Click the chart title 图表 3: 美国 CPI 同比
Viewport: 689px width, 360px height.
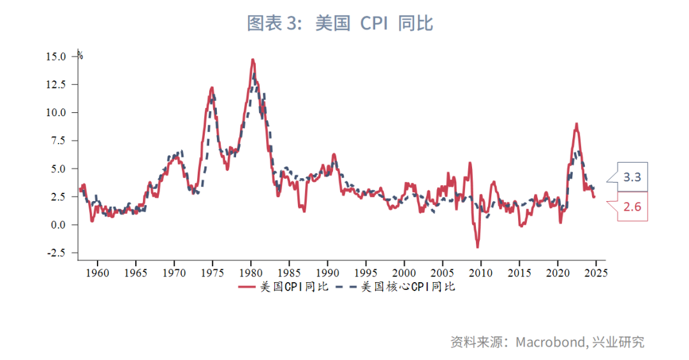pos(340,24)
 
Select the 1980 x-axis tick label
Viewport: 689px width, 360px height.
pos(251,273)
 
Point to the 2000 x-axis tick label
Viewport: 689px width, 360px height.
pos(404,273)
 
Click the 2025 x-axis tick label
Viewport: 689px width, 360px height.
pos(595,273)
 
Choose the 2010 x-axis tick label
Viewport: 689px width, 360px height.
pos(480,273)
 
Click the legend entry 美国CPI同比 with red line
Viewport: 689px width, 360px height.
pos(283,287)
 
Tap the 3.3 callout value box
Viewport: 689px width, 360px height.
pos(632,177)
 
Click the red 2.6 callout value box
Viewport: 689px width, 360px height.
pos(632,206)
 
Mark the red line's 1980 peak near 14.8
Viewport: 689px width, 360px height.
pos(253,59)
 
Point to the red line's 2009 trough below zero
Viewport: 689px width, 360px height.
pos(477,247)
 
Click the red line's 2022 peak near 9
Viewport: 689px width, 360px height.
pos(576,124)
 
